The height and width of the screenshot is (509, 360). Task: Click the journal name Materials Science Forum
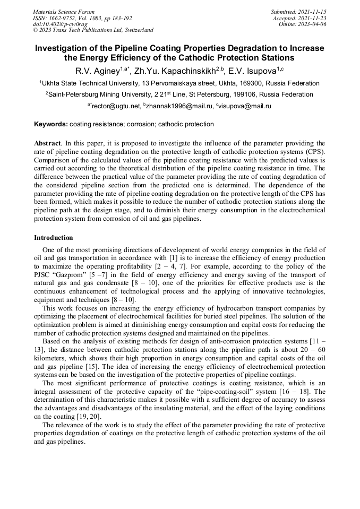pyautogui.click(x=64, y=12)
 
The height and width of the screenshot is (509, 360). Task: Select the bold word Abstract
pyautogui.click(x=47, y=143)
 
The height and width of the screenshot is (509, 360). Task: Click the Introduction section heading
pyautogui.click(x=53, y=238)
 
